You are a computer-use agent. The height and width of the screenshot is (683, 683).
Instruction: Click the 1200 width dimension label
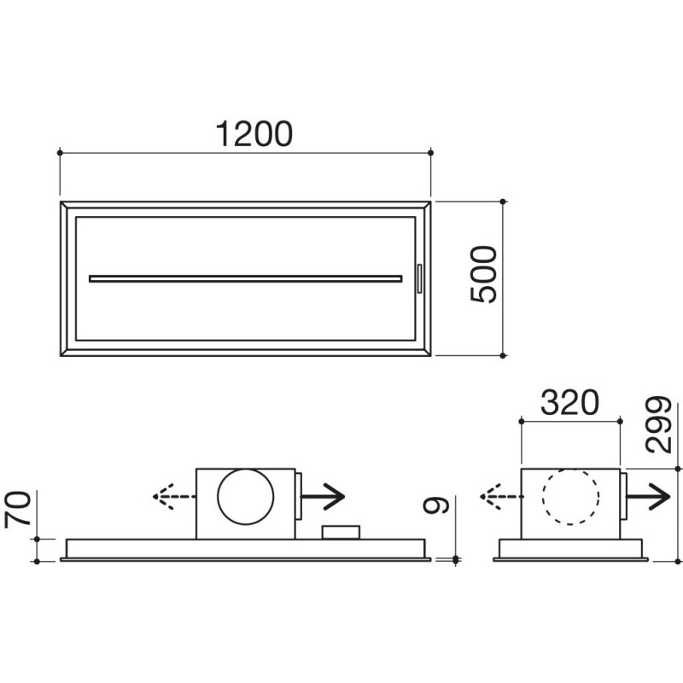254,134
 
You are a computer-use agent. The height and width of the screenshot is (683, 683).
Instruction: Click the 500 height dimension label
483,274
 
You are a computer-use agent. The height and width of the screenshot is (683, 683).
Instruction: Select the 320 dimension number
569,403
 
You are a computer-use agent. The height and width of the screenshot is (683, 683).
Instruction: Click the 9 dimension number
436,506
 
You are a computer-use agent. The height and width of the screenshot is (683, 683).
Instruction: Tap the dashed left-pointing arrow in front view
173,496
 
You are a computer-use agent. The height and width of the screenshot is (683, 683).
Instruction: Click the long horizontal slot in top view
245,277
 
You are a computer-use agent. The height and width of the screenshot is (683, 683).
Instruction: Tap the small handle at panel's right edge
418,278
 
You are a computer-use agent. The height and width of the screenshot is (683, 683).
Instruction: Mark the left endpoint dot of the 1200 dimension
60,153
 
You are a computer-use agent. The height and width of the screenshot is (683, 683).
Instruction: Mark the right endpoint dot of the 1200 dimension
430,153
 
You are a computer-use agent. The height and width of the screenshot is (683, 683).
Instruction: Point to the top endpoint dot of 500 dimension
503,201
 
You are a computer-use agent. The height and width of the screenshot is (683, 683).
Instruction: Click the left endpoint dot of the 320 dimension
522,420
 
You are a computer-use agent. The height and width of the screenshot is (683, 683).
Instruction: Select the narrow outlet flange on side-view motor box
623,496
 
